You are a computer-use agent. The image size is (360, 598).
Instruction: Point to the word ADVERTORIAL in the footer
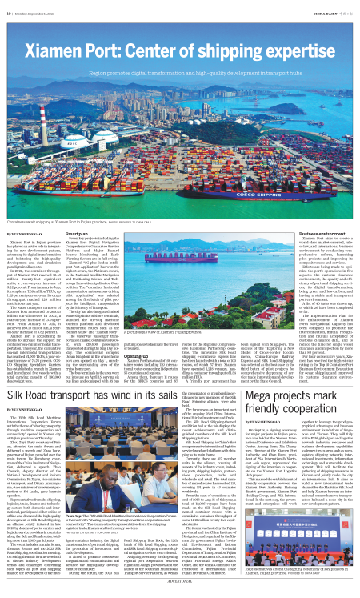(180, 592)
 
